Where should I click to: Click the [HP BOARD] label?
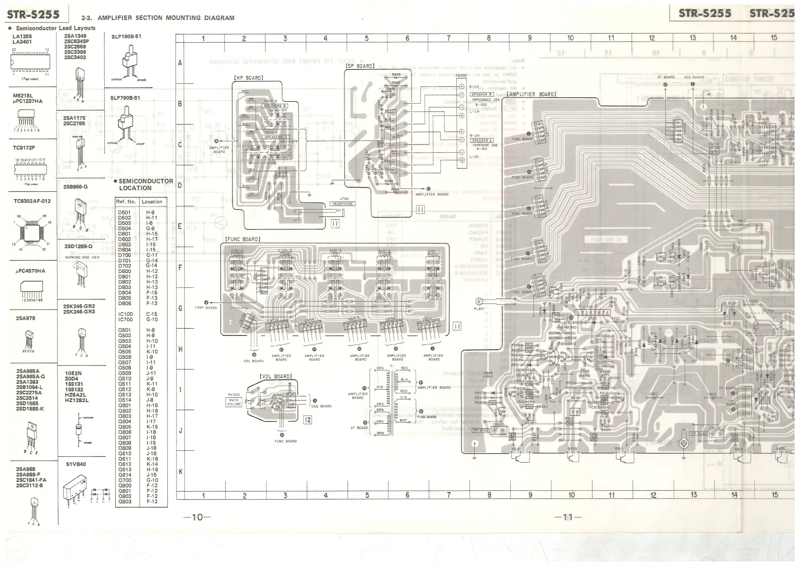click(x=248, y=78)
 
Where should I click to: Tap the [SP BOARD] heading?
click(x=360, y=66)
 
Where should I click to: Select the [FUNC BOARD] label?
click(x=243, y=240)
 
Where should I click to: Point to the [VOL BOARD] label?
click(x=275, y=376)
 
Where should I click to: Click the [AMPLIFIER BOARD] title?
click(x=531, y=94)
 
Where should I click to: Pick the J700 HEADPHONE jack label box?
click(x=343, y=204)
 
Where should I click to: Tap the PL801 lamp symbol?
click(x=479, y=302)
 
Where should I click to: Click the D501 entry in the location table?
click(x=124, y=212)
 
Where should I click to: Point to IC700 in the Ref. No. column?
click(x=126, y=319)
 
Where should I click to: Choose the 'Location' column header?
click(x=152, y=202)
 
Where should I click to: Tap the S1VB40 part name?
click(x=76, y=464)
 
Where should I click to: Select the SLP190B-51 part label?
click(x=127, y=36)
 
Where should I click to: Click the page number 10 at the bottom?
click(x=197, y=517)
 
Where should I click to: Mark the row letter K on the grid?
click(x=181, y=472)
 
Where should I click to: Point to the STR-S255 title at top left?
click(x=33, y=14)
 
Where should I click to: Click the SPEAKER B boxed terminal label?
click(x=482, y=94)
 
